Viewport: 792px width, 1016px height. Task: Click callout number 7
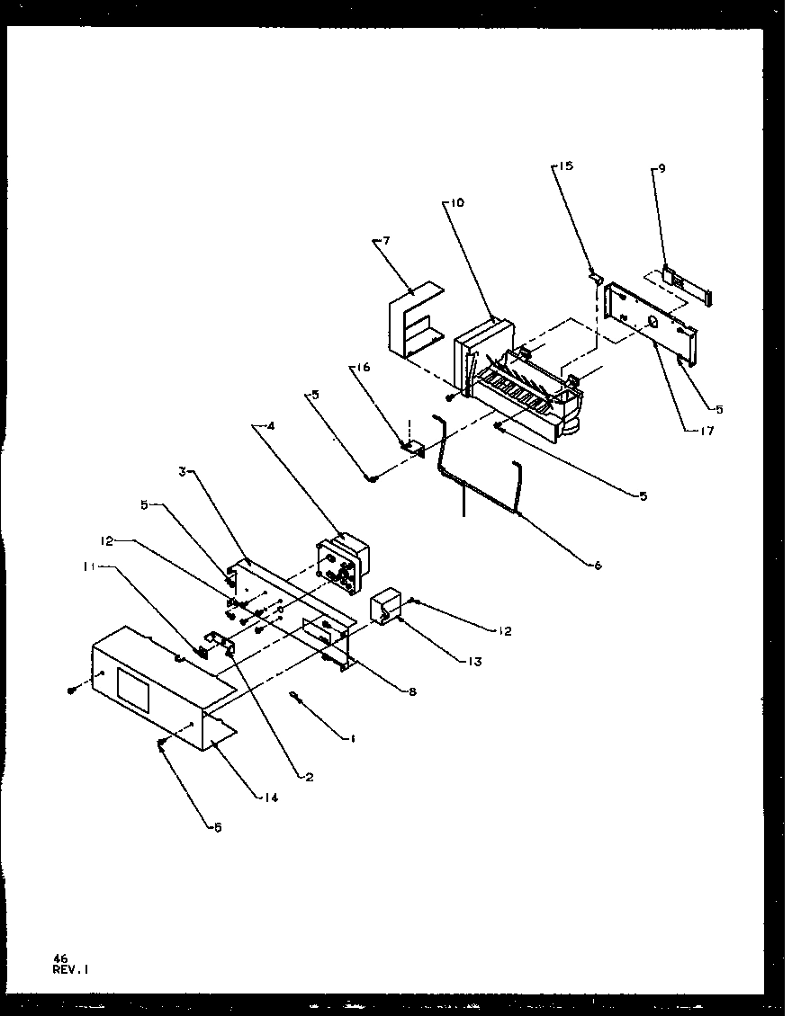[x=386, y=241]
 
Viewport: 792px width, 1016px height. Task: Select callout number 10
[x=457, y=203]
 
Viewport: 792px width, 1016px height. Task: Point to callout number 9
[x=661, y=167]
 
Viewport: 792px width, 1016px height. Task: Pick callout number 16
[x=363, y=368]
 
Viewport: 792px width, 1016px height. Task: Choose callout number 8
[x=413, y=691]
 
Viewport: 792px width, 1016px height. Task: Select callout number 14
[x=272, y=797]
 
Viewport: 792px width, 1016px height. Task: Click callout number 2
[x=309, y=777]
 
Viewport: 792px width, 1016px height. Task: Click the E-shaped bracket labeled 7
[x=409, y=324]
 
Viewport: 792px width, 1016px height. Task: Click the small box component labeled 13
[x=386, y=607]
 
